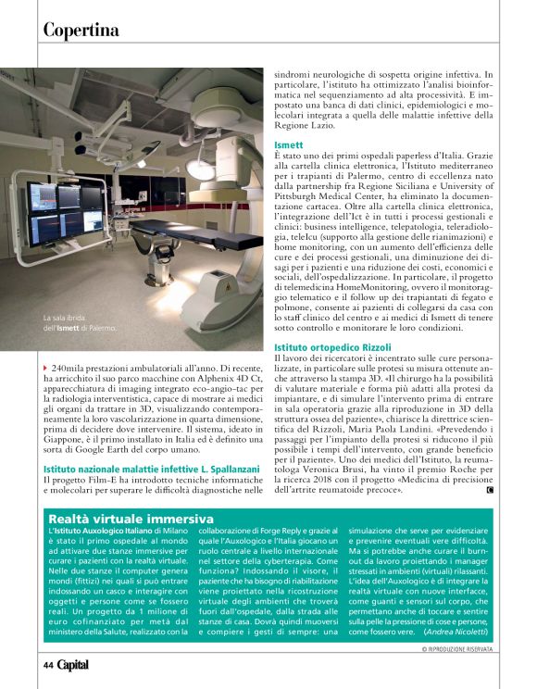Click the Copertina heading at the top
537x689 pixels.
tap(81, 30)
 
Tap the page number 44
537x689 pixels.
tap(47, 665)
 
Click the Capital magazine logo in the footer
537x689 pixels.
tap(73, 665)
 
